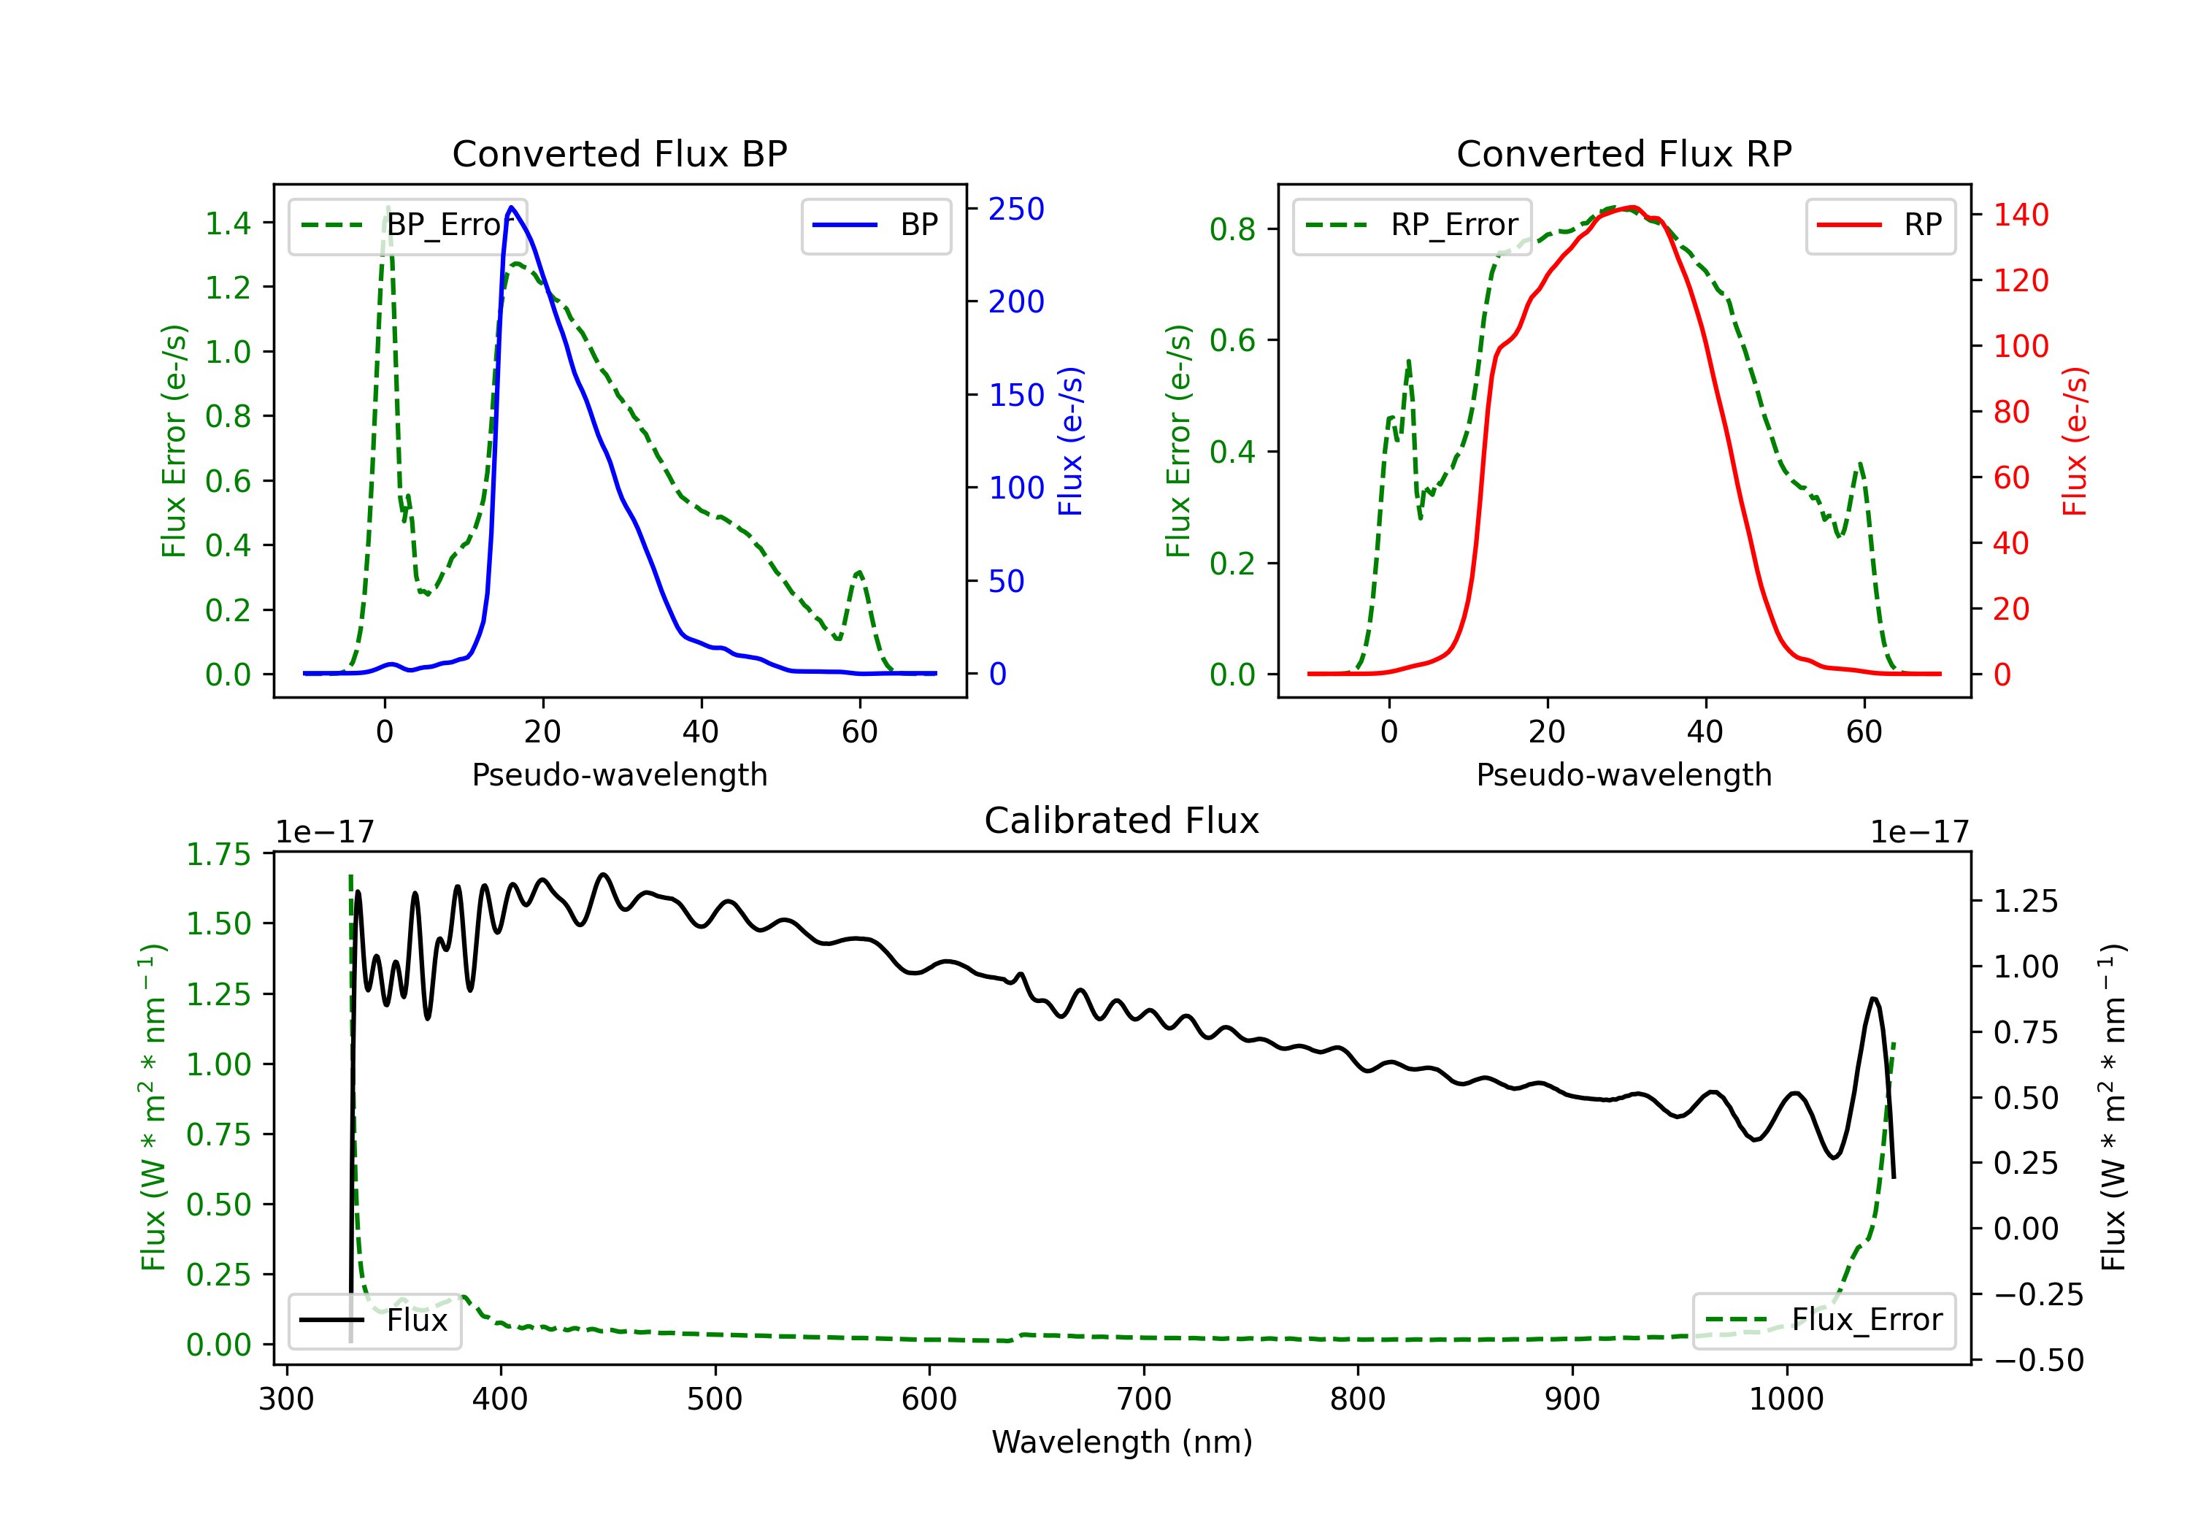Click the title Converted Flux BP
[619, 153]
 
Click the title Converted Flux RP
[1624, 153]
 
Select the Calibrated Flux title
[1122, 821]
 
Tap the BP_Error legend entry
[407, 225]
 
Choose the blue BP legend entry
[875, 225]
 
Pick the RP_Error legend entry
[1412, 225]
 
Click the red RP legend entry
[1880, 225]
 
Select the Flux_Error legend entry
[1824, 1321]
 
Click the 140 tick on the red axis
[2020, 215]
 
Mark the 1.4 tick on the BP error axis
[228, 223]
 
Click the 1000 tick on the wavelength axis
[1786, 1399]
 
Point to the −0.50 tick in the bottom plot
[2038, 1360]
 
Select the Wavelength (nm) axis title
[1122, 1442]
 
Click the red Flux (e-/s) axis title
[2075, 441]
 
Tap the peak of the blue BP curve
[511, 207]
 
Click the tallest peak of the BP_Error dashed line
[387, 207]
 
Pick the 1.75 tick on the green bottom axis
[218, 854]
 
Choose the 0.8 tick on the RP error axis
[1232, 229]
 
